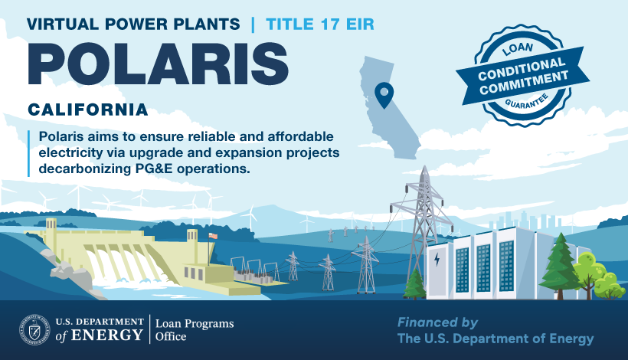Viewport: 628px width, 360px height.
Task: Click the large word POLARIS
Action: [x=158, y=64]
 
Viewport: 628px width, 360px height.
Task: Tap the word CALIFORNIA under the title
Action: [x=88, y=110]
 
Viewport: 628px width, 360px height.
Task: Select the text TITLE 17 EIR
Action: [x=320, y=24]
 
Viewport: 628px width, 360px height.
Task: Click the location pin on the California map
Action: [x=384, y=95]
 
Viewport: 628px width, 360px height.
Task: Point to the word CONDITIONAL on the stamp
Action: [x=522, y=68]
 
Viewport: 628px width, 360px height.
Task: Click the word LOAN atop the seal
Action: [x=518, y=49]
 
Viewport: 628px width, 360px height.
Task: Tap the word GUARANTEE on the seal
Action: [x=526, y=102]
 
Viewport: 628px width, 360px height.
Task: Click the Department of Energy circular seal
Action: [x=34, y=329]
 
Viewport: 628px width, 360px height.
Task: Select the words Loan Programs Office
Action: [x=195, y=329]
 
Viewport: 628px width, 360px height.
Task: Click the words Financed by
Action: [x=437, y=322]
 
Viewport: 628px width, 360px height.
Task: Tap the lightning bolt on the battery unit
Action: [x=437, y=259]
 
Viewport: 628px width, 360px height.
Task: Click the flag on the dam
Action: [x=213, y=236]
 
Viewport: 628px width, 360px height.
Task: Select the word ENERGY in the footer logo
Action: [x=106, y=335]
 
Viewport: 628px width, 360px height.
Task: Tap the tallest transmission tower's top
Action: [x=424, y=168]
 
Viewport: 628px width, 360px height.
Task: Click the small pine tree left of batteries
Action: [x=414, y=284]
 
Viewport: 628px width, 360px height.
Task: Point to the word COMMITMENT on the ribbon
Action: [x=524, y=83]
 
